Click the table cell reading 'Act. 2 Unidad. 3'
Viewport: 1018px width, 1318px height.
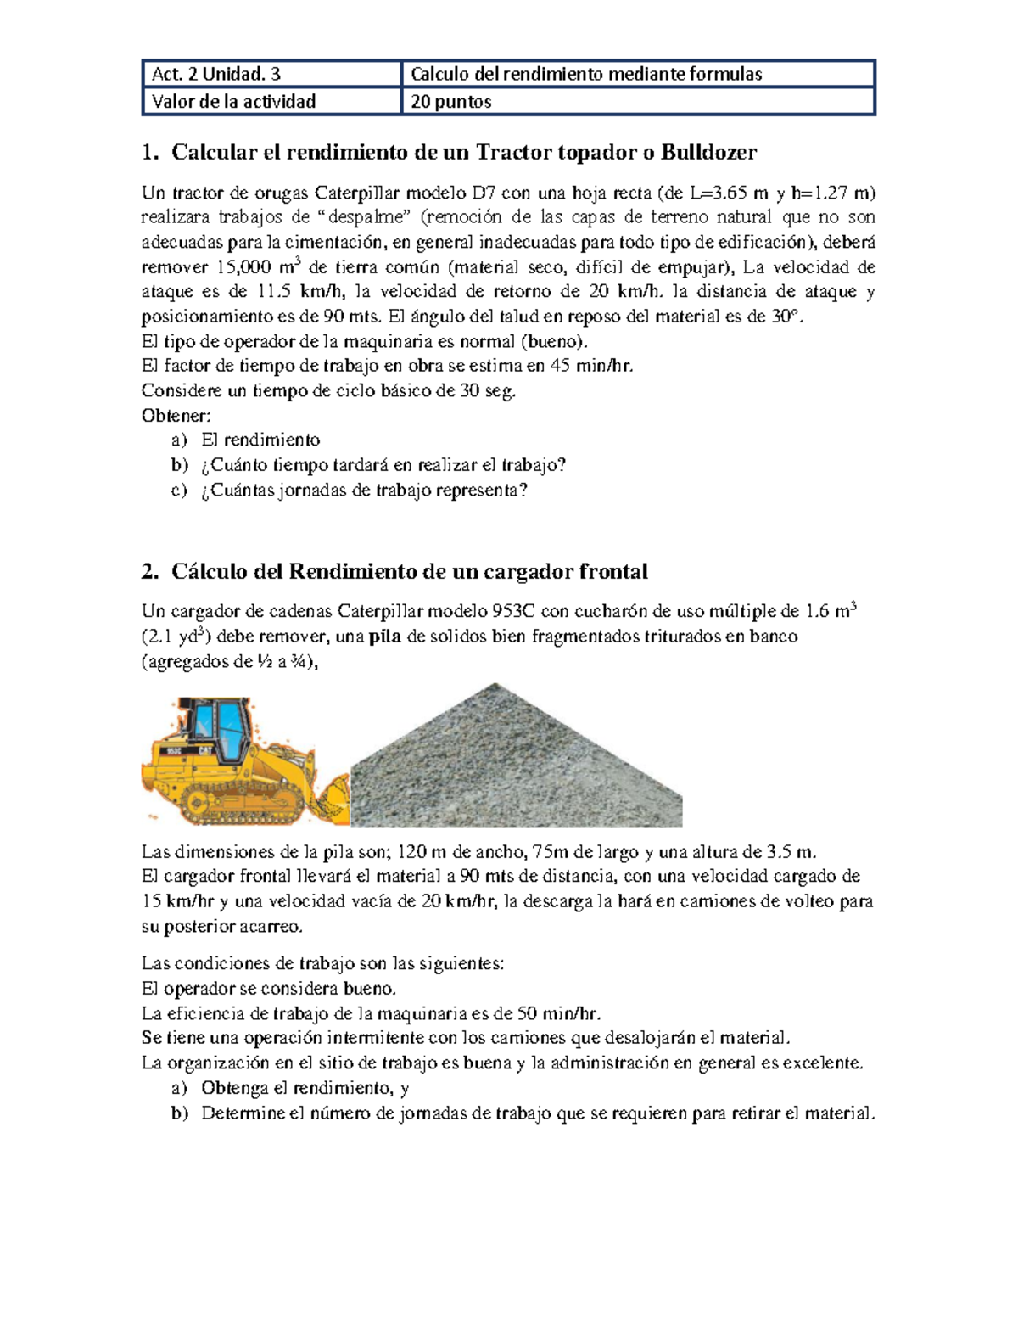[x=215, y=74]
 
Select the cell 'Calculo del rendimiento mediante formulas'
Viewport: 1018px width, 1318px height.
[x=586, y=74]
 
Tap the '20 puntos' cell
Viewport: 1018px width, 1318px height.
[x=451, y=102]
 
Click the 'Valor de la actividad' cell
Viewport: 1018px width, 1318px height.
[x=233, y=102]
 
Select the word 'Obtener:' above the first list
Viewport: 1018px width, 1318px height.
[x=176, y=415]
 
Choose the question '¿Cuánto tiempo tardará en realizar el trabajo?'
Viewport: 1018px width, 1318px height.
[x=383, y=465]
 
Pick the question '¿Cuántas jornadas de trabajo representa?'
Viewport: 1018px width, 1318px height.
[x=364, y=491]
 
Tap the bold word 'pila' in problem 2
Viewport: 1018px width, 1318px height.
[x=386, y=637]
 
